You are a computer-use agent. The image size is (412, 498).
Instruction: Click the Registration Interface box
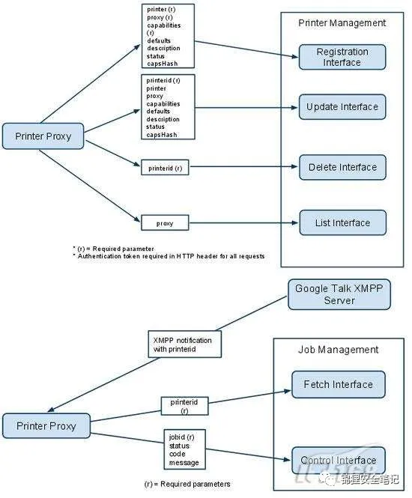(x=342, y=57)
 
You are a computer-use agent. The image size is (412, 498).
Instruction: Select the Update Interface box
(x=342, y=107)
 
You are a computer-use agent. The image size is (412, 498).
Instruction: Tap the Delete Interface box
(x=342, y=168)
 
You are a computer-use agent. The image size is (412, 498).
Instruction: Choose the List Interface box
(x=343, y=222)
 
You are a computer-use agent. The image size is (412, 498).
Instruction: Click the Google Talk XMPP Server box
(x=339, y=294)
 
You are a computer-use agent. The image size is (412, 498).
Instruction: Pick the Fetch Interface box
(x=339, y=385)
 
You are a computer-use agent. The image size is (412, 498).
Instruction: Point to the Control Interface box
(x=339, y=461)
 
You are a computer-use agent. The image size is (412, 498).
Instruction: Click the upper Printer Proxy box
(x=43, y=136)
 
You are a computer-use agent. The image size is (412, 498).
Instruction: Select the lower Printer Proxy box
(x=46, y=426)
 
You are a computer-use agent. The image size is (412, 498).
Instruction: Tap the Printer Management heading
(x=342, y=23)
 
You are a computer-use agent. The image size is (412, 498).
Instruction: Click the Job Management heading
(x=339, y=350)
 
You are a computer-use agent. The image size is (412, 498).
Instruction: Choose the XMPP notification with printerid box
(x=184, y=344)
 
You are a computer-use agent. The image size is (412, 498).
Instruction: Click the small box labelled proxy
(x=165, y=223)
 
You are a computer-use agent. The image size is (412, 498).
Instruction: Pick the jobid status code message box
(x=184, y=449)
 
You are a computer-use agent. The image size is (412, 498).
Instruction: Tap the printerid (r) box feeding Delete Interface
(x=165, y=168)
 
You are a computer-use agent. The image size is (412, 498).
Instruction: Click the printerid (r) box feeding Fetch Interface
(x=184, y=406)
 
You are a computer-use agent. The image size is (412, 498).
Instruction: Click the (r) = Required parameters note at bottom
(x=187, y=484)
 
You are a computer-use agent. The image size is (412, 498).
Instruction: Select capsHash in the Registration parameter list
(x=163, y=64)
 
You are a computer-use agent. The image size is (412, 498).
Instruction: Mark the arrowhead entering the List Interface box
(x=295, y=223)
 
